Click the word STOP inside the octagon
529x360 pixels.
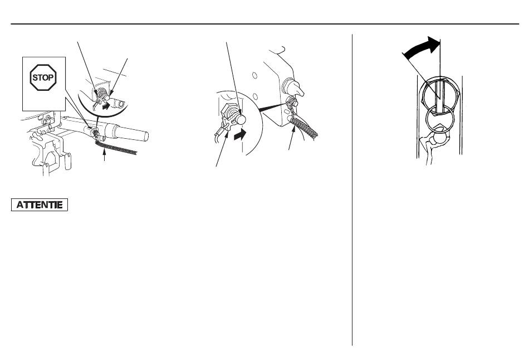click(x=43, y=77)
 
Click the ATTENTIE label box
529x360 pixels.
click(x=40, y=205)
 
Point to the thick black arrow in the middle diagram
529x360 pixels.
click(x=240, y=135)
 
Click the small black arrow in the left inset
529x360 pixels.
click(x=106, y=106)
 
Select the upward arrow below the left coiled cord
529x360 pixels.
click(x=105, y=156)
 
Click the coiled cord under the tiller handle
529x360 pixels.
click(x=116, y=148)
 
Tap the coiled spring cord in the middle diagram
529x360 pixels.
click(x=304, y=127)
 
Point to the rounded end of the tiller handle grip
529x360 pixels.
click(x=146, y=136)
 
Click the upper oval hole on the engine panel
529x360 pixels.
click(x=254, y=75)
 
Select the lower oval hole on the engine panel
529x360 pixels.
click(x=255, y=97)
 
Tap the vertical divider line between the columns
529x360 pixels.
click(x=352, y=190)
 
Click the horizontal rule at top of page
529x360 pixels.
click(x=265, y=24)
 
